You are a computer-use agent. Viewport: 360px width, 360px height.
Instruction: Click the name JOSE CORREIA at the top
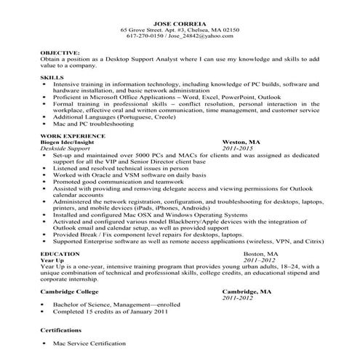click(x=180, y=22)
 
